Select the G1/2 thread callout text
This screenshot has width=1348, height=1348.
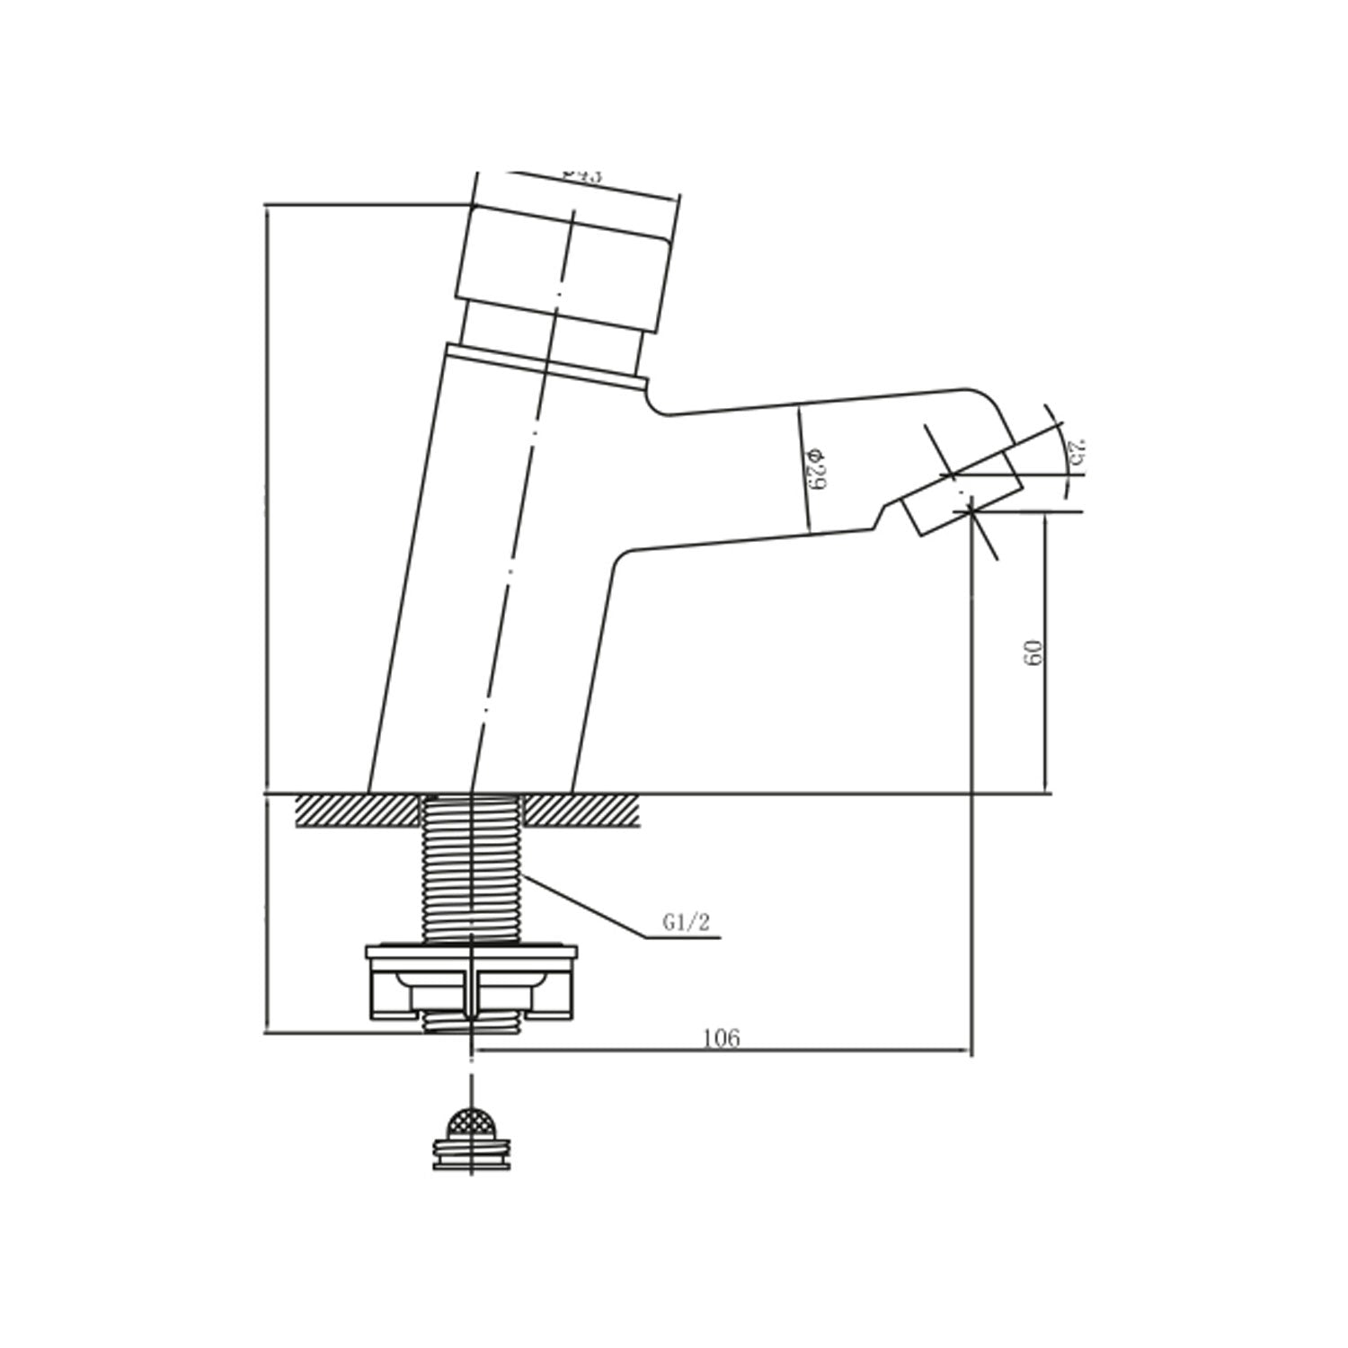685,923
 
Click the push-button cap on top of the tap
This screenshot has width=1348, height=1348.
566,256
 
